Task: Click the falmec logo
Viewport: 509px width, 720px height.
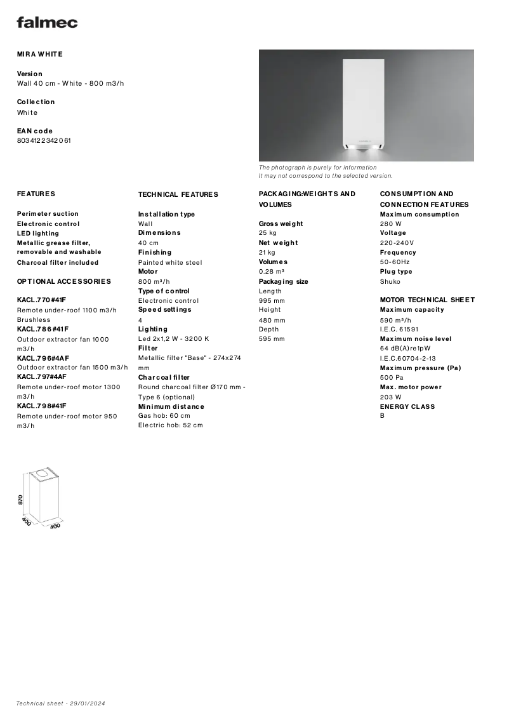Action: coord(47,22)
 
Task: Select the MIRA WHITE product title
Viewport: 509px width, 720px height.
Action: coord(40,54)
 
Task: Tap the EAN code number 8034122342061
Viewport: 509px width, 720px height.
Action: coord(44,140)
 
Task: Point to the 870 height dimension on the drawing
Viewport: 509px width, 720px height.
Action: coord(21,500)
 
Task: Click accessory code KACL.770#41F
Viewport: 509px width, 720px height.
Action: coord(41,300)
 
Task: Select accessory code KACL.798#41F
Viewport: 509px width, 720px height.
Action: coord(41,406)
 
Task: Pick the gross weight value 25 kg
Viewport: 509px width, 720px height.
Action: coord(267,233)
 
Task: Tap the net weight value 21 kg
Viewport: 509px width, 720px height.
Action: coord(267,252)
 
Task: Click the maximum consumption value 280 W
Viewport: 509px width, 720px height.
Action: coord(390,223)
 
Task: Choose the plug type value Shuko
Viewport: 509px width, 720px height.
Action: coord(390,281)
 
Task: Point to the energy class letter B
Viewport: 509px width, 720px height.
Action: coord(382,416)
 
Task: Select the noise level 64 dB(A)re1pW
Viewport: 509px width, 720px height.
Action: coord(405,348)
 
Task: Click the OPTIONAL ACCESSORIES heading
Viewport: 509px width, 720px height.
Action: coord(63,281)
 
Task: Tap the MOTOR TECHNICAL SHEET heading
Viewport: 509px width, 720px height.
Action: coord(427,300)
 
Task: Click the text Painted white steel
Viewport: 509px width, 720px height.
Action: coord(170,262)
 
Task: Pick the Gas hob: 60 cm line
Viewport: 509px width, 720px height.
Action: coord(164,415)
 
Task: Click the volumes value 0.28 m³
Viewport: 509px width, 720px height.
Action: coord(271,271)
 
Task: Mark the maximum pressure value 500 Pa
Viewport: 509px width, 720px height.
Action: coord(392,377)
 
